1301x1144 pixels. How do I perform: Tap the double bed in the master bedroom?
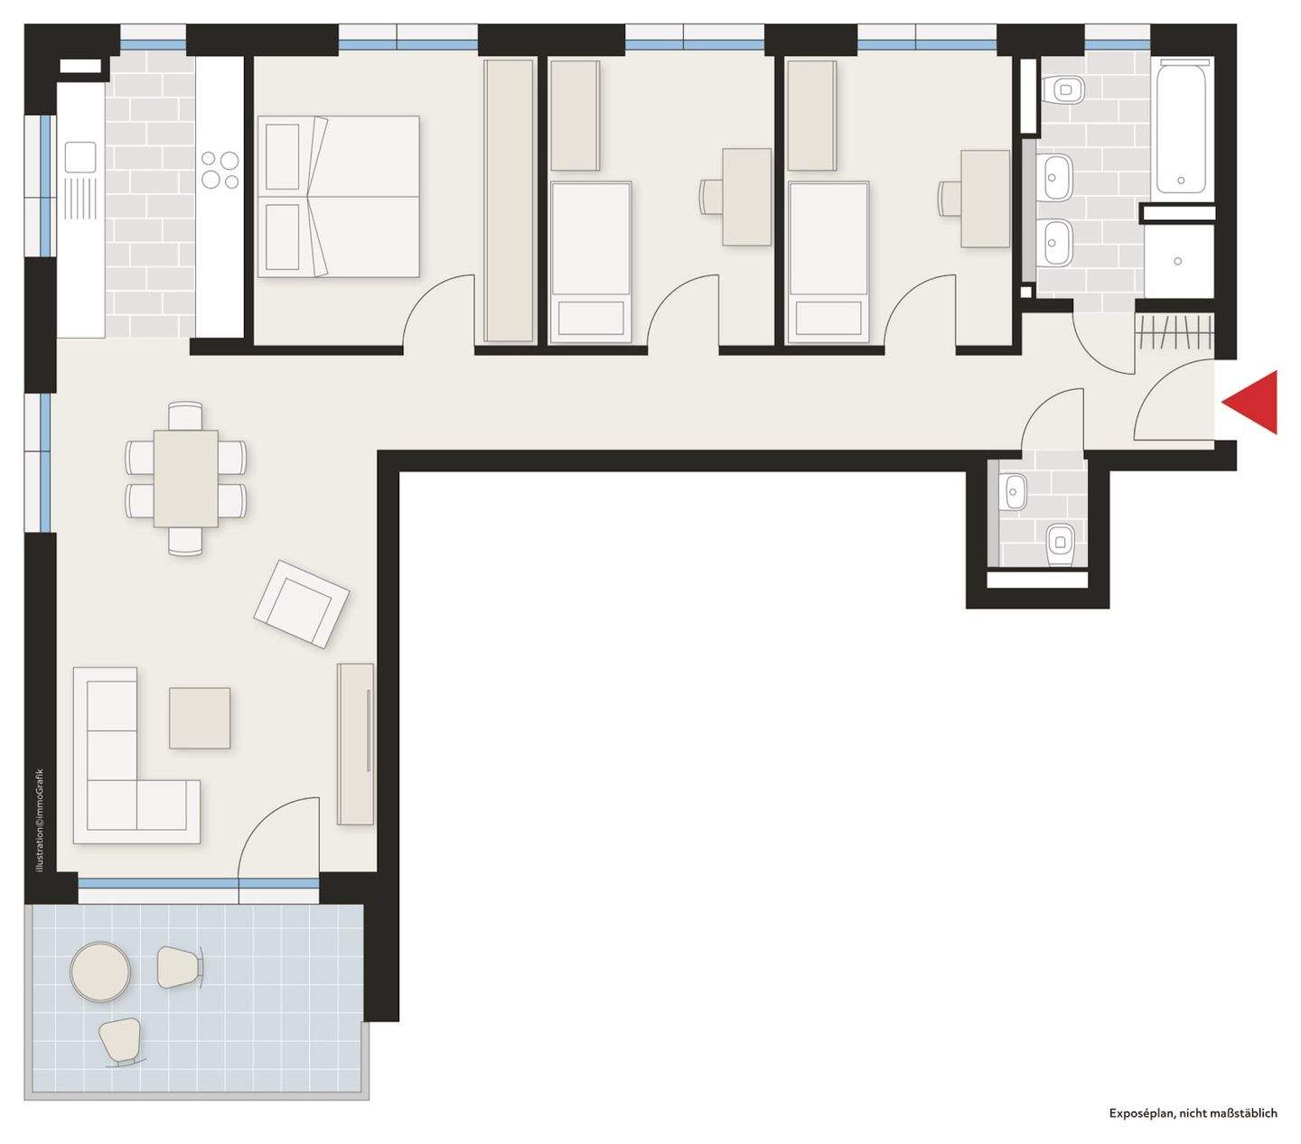[339, 197]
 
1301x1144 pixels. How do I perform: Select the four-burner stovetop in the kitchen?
[220, 170]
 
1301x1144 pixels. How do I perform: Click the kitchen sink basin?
[81, 157]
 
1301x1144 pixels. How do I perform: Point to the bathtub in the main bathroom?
[1182, 126]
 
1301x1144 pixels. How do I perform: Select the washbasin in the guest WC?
[1015, 492]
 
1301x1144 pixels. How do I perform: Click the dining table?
[185, 479]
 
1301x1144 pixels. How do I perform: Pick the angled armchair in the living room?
[302, 604]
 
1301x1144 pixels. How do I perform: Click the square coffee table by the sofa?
[200, 718]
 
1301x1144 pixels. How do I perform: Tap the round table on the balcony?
[100, 972]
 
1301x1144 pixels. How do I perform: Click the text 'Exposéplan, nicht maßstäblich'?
[1193, 1112]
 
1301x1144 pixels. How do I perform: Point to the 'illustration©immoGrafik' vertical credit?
[40, 820]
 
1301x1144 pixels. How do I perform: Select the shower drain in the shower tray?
[1178, 261]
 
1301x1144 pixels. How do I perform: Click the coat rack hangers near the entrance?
[1175, 334]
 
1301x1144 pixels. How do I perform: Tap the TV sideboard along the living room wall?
[356, 744]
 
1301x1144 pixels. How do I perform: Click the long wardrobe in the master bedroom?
[509, 201]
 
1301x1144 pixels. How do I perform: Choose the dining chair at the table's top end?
[185, 416]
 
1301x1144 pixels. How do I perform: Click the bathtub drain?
[1181, 181]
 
